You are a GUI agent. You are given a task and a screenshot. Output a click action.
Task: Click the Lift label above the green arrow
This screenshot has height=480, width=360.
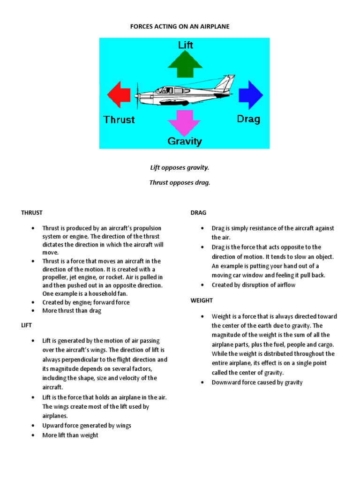point(185,45)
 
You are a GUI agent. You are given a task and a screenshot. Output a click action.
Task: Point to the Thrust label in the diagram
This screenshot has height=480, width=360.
point(119,120)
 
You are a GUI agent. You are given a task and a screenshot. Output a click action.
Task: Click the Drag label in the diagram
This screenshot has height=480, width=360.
point(248,119)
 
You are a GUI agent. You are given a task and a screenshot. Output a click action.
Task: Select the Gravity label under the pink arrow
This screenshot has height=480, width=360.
point(185,141)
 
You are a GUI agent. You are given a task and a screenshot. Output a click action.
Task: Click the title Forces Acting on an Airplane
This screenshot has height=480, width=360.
point(180,27)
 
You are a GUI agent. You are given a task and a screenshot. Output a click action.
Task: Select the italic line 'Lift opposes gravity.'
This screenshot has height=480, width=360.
point(180,167)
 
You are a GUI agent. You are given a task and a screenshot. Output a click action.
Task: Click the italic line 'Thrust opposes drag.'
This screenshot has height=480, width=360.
point(180,183)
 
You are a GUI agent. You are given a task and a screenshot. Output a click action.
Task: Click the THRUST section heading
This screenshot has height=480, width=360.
point(31,213)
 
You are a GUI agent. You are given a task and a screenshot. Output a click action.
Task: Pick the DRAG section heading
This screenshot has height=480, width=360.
point(198,213)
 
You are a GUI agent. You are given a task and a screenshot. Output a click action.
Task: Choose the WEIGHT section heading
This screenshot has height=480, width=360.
point(202,300)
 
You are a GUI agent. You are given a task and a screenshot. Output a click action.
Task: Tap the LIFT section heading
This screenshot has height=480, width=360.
point(26,324)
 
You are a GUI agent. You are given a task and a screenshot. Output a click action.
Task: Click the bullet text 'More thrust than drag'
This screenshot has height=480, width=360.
point(72,310)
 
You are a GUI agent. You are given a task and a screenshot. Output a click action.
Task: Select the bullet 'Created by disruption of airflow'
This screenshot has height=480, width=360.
point(253,285)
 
